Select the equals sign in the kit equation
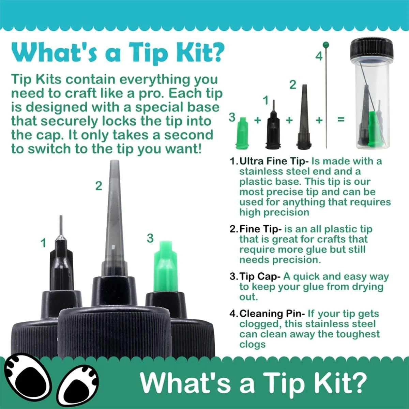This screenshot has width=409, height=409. tap(341, 120)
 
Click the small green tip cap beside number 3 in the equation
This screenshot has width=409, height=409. tap(242, 133)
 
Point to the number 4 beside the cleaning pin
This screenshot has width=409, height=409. tap(319, 56)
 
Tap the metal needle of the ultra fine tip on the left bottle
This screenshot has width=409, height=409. tap(61, 227)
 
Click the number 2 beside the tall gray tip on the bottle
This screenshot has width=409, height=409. tap(99, 186)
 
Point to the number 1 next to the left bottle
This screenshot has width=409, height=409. tap(43, 243)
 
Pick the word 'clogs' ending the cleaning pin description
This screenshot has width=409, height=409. tap(252, 344)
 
